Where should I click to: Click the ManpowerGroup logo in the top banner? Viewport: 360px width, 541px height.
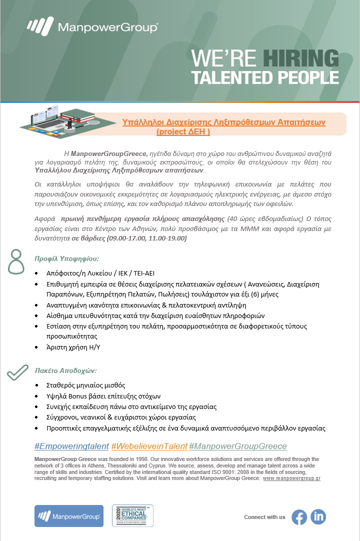click(92, 27)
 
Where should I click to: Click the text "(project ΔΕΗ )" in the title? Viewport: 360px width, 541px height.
click(183, 132)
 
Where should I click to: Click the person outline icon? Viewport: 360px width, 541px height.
click(16, 261)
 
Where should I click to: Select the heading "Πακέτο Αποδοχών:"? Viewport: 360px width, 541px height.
click(65, 371)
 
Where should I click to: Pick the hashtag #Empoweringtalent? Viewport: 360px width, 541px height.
click(71, 446)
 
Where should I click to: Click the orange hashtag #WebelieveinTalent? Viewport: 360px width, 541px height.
click(149, 446)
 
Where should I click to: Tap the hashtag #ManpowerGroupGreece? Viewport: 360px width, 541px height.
click(238, 446)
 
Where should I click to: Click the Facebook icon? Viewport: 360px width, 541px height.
click(299, 517)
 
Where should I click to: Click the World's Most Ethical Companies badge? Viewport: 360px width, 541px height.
click(132, 515)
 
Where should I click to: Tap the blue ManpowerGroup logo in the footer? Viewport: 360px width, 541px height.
click(69, 516)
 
